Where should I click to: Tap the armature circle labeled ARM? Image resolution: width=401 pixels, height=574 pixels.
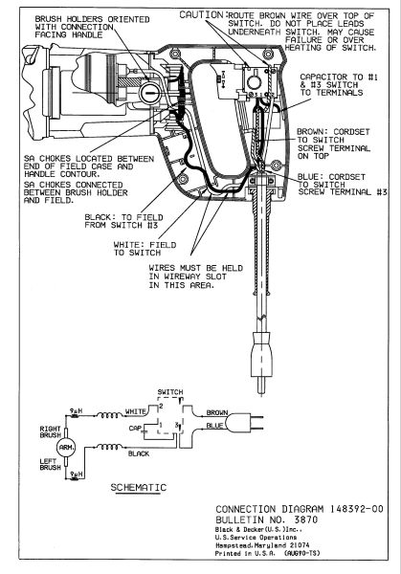coord(66,448)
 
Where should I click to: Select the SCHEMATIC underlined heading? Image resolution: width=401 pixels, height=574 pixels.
coord(139,487)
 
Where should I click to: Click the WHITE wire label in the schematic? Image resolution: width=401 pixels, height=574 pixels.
coord(136,411)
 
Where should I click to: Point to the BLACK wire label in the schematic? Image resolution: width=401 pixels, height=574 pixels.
coord(139,453)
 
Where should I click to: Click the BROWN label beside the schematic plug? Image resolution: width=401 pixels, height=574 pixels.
coord(217,412)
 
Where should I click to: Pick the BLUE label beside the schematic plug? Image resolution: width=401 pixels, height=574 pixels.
coord(214,426)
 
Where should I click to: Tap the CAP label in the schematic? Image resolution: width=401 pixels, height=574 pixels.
coord(135,428)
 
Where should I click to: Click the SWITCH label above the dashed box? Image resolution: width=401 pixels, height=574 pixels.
coord(170,392)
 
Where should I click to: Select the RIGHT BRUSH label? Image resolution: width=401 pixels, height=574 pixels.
coord(51,431)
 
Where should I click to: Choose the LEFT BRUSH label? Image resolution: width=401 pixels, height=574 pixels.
coord(50,464)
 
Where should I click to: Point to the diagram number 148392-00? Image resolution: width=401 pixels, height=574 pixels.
coord(357,509)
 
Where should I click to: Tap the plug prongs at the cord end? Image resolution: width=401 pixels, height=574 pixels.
coord(260,386)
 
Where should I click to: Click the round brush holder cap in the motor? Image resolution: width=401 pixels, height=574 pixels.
coord(149,92)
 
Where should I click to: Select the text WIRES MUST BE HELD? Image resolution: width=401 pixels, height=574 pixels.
coord(195,268)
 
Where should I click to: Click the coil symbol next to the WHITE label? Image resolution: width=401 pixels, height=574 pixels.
coord(109,415)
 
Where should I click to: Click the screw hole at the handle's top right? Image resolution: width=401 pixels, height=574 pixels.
coord(268,55)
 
